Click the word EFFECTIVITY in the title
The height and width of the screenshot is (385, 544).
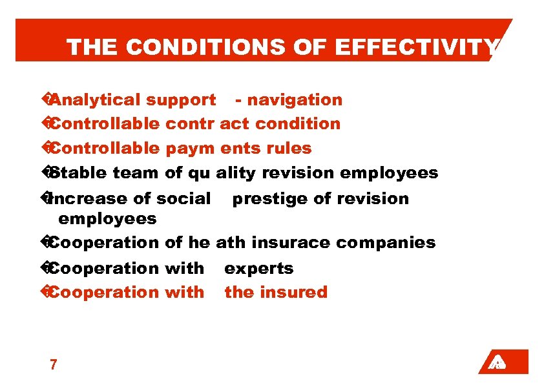pyautogui.click(x=429, y=47)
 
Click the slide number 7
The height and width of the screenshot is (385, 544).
pyautogui.click(x=53, y=365)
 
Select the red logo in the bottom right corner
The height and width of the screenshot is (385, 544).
pyautogui.click(x=503, y=362)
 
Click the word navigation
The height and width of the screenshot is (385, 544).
pyautogui.click(x=295, y=100)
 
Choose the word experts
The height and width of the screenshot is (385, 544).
pyautogui.click(x=259, y=268)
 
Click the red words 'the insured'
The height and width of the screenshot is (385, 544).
pyautogui.click(x=276, y=293)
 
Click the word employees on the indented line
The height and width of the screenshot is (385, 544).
pyautogui.click(x=107, y=219)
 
